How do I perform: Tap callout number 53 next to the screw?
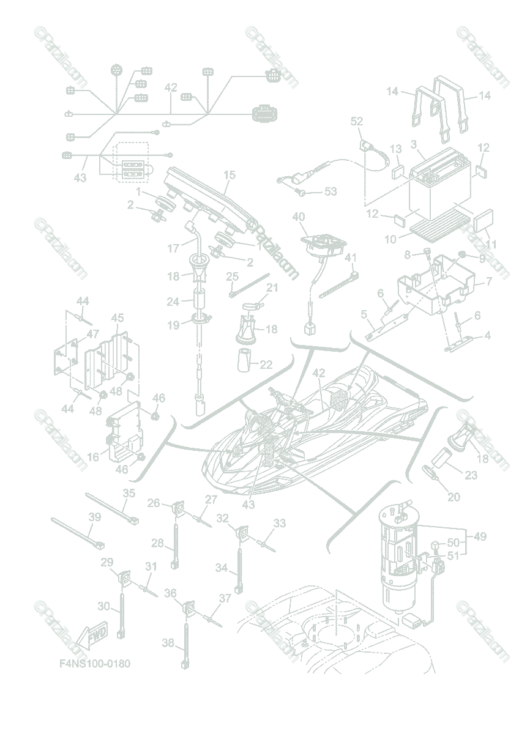[x=330, y=192]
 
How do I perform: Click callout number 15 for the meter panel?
[x=230, y=176]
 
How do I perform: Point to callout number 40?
[x=298, y=217]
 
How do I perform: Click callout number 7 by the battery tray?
[x=488, y=282]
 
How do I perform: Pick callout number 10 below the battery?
[x=391, y=239]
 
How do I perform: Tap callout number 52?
[x=357, y=122]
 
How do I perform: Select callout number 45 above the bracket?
[x=118, y=318]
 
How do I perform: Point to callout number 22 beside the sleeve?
[x=266, y=365]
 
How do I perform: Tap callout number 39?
[x=94, y=517]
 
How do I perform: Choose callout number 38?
[x=168, y=642]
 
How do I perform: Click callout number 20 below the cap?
[x=454, y=497]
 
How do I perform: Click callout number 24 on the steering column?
[x=173, y=302]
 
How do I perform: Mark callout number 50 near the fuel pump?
[x=453, y=543]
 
